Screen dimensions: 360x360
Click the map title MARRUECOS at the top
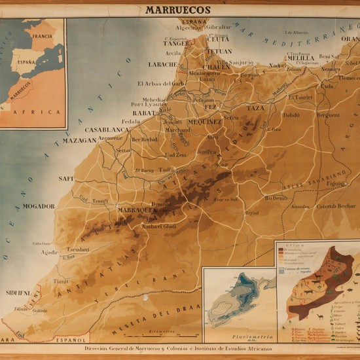[x=177, y=10]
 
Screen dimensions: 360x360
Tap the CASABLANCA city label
[x=106, y=130]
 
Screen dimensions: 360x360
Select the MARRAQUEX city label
[x=137, y=210]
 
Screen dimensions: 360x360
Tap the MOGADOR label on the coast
[x=39, y=206]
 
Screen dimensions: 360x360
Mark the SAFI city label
[x=66, y=178]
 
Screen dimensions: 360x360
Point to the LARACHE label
[x=162, y=65]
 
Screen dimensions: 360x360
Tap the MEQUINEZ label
[x=204, y=122]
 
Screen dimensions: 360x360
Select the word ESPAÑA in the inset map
[x=27, y=64]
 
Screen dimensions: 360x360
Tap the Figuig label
[x=336, y=184]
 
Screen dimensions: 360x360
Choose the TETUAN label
[x=219, y=51]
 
